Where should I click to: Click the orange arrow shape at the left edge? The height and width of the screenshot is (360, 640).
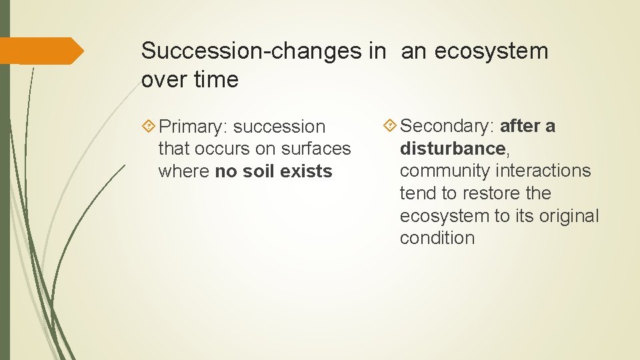tap(41, 51)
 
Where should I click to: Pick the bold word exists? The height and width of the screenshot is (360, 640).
tap(307, 171)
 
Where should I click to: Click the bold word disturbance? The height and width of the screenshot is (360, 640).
tap(453, 148)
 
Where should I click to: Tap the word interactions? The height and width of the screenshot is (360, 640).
tap(545, 171)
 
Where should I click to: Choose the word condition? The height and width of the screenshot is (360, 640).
tap(437, 238)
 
